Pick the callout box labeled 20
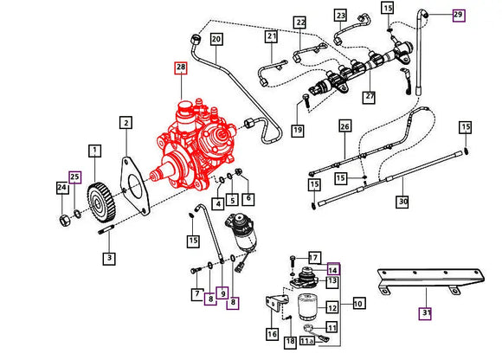tap(216, 39)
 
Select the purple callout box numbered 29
tap(458, 15)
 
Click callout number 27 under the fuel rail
tap(370, 98)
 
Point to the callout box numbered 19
tap(298, 130)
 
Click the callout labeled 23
tap(340, 15)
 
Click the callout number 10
tap(358, 304)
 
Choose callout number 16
tap(273, 334)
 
